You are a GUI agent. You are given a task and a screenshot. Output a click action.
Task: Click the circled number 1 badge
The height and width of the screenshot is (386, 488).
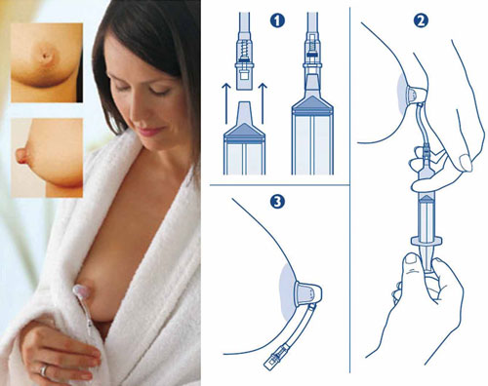click(x=277, y=20)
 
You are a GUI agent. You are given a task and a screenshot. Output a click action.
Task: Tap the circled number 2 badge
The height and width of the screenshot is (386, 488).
click(x=421, y=20)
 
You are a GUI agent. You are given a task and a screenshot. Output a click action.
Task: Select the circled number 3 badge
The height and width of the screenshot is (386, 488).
click(x=277, y=202)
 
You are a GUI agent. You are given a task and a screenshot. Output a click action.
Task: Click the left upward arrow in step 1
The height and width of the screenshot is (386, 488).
click(x=226, y=103)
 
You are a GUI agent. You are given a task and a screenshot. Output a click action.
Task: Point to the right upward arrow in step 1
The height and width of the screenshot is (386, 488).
click(x=263, y=103)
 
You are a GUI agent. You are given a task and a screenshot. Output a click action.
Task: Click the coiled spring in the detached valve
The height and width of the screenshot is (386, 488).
click(x=244, y=50)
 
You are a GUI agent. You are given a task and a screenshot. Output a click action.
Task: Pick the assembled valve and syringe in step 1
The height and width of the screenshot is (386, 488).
click(x=312, y=94)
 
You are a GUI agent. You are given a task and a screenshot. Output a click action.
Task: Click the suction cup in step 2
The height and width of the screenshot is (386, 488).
click(x=417, y=95)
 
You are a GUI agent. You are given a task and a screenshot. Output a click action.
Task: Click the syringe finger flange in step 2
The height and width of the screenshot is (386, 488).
click(x=427, y=241)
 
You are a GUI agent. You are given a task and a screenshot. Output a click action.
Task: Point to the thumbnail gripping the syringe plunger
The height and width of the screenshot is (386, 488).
click(x=411, y=260)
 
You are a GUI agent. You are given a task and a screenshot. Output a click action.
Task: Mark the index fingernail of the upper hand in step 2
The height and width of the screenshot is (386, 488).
click(x=466, y=163)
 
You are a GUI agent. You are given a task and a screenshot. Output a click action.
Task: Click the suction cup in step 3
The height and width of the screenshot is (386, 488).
click(x=307, y=293)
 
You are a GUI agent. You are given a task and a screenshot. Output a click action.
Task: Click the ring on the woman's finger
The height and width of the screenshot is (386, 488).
click(x=44, y=370)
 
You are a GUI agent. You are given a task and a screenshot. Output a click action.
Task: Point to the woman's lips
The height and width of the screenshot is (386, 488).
click(x=149, y=131)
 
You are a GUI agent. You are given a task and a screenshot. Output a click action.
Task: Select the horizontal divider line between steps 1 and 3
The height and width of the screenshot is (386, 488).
click(x=279, y=185)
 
